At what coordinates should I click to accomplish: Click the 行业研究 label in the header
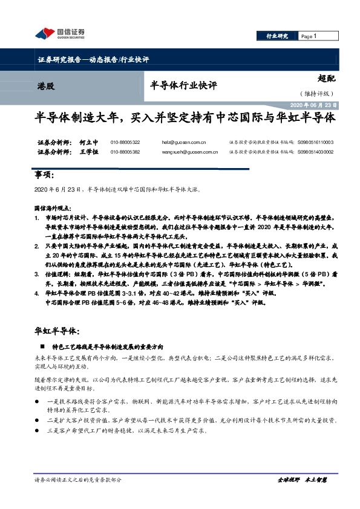coord(277,36)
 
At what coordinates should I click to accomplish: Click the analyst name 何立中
coord(88,143)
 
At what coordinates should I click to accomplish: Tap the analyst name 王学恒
coord(88,152)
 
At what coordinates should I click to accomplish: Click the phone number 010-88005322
coord(125,143)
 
